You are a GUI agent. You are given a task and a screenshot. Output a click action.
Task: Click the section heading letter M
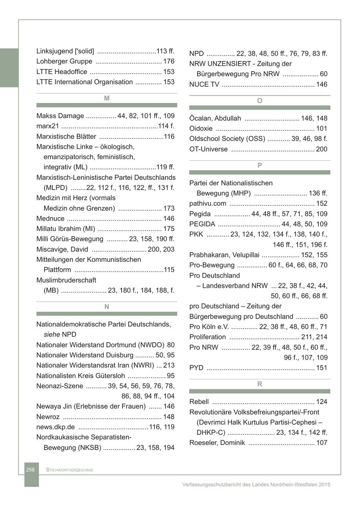(x=107, y=98)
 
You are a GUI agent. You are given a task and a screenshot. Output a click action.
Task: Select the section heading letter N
(x=107, y=307)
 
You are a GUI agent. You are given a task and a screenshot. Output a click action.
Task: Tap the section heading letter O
(x=260, y=101)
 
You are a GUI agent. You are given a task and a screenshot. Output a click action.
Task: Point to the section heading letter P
(x=260, y=165)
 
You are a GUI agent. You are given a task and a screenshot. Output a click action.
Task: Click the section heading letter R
(x=260, y=384)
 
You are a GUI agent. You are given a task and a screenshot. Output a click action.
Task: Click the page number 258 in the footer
(x=30, y=470)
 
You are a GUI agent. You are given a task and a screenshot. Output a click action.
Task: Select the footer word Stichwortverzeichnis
(x=70, y=470)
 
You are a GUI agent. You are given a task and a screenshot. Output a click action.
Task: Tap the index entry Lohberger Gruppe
(x=64, y=62)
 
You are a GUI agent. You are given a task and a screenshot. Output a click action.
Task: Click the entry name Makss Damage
(x=60, y=116)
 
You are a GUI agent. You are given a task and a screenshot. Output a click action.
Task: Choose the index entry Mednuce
(x=50, y=219)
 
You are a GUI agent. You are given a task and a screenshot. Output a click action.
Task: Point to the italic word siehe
(x=52, y=335)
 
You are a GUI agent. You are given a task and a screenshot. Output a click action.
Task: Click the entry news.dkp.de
(x=56, y=427)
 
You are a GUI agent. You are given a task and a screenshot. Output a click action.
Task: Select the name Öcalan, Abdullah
(x=215, y=118)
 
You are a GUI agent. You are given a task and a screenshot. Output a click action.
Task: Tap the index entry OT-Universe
(x=208, y=149)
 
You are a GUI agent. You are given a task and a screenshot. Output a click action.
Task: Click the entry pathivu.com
(x=208, y=204)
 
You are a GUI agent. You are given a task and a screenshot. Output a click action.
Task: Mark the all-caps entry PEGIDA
(x=202, y=224)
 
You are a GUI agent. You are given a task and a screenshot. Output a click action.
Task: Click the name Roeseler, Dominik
(x=217, y=443)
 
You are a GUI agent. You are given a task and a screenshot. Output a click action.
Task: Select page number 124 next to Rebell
(x=322, y=402)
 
